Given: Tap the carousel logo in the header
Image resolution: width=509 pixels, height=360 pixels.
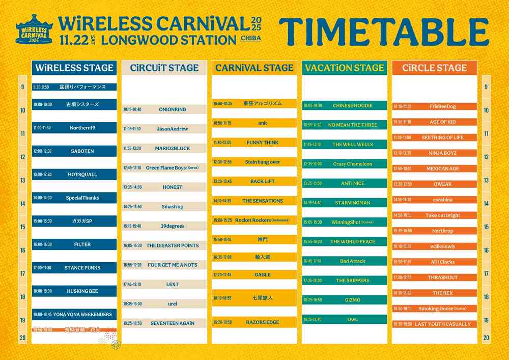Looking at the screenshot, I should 35,30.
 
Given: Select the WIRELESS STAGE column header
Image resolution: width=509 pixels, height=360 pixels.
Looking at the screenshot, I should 74,68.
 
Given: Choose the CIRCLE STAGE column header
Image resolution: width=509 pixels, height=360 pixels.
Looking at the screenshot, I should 434,68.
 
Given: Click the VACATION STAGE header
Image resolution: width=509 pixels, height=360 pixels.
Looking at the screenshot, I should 344,68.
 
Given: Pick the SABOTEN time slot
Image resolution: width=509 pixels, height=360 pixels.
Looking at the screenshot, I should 74,151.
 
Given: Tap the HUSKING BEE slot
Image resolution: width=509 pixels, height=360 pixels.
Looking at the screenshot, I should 74,291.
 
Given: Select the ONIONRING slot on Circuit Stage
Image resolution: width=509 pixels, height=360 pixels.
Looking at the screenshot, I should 164,109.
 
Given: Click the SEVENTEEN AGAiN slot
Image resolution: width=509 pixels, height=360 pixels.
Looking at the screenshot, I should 164,323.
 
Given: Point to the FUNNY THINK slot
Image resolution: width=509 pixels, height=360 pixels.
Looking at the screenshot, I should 254,143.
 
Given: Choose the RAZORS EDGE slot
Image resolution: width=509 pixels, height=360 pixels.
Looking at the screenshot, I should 254,322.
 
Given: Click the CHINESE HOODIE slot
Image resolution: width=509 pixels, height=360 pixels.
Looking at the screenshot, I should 345,106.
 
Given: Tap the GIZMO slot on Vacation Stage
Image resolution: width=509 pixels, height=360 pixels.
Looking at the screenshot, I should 345,300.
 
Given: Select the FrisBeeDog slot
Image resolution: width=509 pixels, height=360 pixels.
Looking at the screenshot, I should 434,106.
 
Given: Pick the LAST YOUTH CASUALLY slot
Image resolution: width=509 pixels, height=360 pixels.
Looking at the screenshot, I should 434,324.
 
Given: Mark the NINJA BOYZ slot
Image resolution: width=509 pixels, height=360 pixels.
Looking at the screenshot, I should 434,153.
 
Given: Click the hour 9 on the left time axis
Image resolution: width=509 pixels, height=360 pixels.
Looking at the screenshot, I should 22,87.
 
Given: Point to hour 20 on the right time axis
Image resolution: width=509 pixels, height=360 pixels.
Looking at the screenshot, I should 486,338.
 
